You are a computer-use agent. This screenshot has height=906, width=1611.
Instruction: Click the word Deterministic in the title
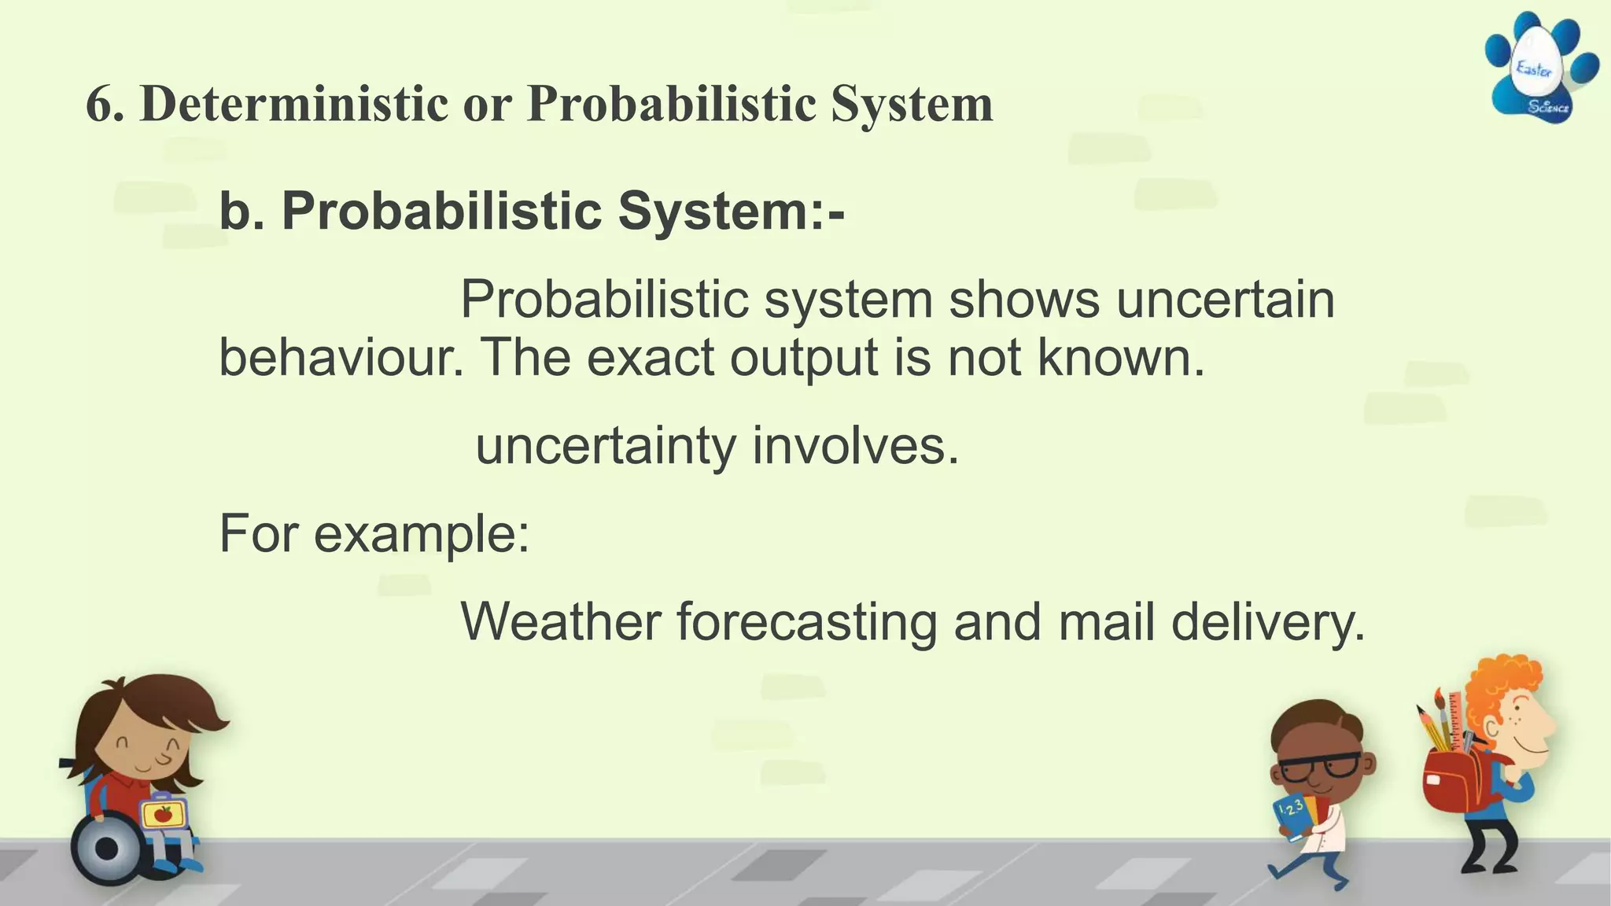[293, 103]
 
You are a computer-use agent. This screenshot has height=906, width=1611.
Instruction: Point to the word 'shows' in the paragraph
[1023, 300]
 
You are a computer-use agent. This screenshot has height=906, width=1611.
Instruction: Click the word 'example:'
[422, 534]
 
